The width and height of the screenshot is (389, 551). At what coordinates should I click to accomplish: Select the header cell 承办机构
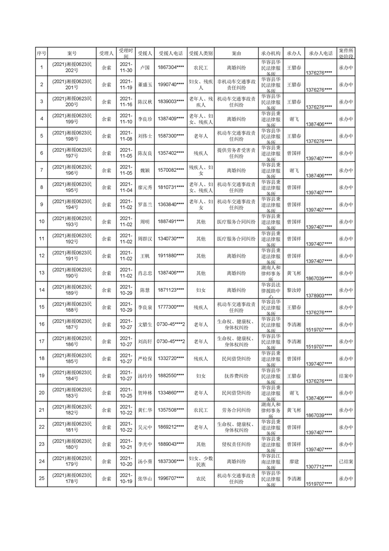tap(271, 53)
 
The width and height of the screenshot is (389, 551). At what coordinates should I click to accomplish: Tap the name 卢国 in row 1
tap(145, 68)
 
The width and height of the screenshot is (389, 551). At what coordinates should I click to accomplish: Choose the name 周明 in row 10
tap(145, 222)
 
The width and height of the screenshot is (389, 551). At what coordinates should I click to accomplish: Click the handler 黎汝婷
tap(294, 291)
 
